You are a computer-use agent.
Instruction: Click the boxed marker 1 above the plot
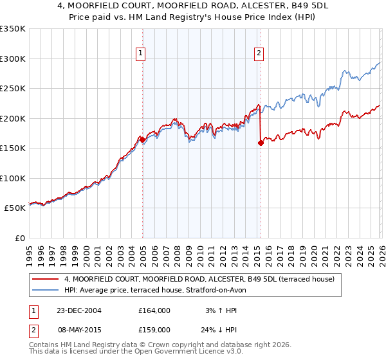140,54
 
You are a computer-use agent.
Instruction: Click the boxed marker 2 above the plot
259,54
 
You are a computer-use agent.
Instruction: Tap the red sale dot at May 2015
261,143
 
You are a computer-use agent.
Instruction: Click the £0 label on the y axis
19,238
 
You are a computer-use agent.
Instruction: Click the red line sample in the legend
46,280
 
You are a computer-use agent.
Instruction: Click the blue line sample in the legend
46,290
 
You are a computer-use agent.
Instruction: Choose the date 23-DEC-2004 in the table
78,310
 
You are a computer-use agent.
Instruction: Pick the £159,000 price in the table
154,329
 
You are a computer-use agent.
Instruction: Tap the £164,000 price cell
154,310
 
